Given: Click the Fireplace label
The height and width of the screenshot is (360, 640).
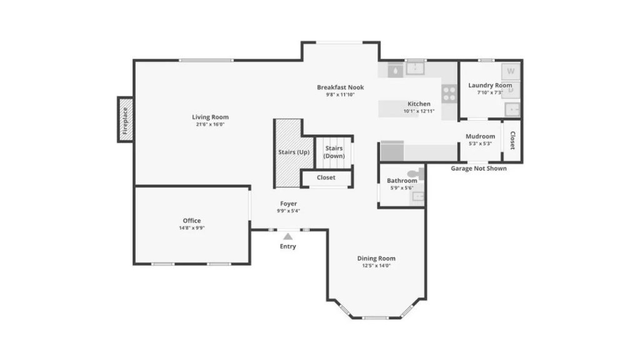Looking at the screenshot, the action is (125, 121).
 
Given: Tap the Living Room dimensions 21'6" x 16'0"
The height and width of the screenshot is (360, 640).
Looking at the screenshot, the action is (210, 124).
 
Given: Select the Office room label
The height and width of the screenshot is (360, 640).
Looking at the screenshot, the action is (192, 221).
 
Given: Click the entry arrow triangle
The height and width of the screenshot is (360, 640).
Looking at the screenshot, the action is (288, 236).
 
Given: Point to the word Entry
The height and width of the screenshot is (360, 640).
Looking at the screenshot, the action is (287, 246).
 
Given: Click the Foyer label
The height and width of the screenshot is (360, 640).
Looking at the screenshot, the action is (289, 204).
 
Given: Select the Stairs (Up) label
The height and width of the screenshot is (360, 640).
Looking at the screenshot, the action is (294, 152).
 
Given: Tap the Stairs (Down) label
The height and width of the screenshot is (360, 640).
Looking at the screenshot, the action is (334, 152).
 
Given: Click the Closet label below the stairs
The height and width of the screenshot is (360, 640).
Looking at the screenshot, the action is (326, 177).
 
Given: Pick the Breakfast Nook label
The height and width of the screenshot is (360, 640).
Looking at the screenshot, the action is (341, 87).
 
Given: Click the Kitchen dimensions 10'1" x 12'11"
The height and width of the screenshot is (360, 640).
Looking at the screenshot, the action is (419, 111).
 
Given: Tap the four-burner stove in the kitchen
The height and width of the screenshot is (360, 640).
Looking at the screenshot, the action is (449, 94).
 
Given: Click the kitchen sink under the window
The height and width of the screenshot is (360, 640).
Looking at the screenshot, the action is (415, 68).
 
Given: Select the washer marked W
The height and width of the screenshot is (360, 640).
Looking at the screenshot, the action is (511, 71).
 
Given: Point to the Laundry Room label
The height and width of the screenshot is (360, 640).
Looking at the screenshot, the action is (490, 85).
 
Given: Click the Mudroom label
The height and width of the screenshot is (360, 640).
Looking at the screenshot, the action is (481, 136).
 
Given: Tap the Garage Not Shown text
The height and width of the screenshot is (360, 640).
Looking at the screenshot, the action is (479, 168).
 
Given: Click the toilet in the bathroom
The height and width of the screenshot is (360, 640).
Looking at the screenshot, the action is (416, 174).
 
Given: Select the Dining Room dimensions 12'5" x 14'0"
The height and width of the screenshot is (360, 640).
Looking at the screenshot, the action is (376, 266).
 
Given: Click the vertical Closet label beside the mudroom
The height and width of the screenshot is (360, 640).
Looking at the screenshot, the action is (512, 141).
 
